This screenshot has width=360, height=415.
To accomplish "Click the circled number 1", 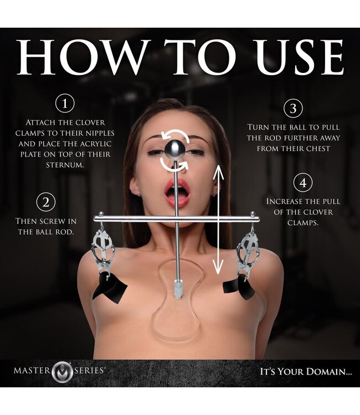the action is [x=65, y=103].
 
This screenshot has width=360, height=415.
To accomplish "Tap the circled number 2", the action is [x=46, y=202].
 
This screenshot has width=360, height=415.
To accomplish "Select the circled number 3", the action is [x=293, y=108].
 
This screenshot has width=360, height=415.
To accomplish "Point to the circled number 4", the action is [x=303, y=183].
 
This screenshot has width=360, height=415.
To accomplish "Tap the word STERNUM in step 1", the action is [x=65, y=165].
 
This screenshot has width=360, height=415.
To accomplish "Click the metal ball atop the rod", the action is [x=174, y=150].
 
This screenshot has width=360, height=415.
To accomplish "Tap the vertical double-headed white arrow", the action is [x=218, y=220].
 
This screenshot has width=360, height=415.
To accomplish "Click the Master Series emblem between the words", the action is [x=62, y=372].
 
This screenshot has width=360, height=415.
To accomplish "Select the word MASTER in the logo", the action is [x=32, y=370].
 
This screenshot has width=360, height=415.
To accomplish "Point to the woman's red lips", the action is [x=177, y=193].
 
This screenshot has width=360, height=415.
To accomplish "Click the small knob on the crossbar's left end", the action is [x=101, y=214].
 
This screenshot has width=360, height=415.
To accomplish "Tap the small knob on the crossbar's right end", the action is [x=253, y=214].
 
